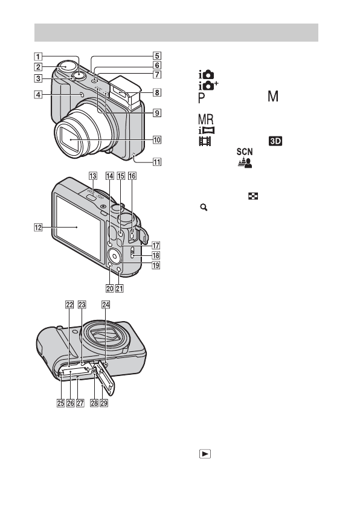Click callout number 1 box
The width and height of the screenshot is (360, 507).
pyautogui.click(x=38, y=57)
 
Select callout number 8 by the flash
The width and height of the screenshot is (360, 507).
pyautogui.click(x=157, y=92)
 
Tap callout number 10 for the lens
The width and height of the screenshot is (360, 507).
pyautogui.click(x=157, y=140)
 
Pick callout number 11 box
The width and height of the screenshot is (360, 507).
pyautogui.click(x=157, y=162)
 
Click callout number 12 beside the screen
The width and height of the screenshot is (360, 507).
pyautogui.click(x=38, y=228)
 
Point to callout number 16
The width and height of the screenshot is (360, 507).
pyautogui.click(x=132, y=176)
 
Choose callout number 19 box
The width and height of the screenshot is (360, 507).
pyautogui.click(x=156, y=265)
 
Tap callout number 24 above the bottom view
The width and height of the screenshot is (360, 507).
pyautogui.click(x=106, y=305)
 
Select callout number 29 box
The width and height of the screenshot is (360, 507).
pyautogui.click(x=104, y=403)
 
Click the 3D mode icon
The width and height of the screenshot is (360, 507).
pyautogui.click(x=275, y=141)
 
